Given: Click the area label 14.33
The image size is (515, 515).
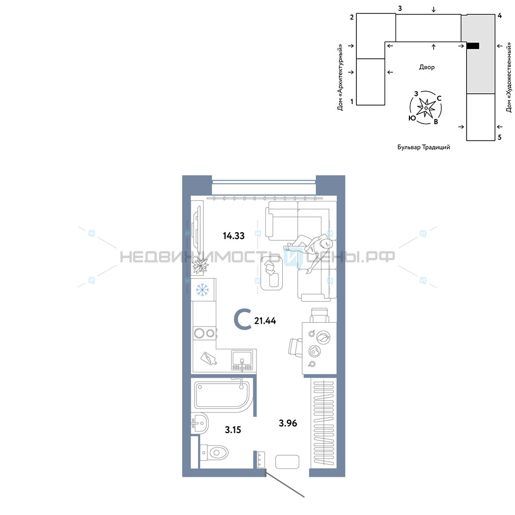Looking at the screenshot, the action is coord(233,236).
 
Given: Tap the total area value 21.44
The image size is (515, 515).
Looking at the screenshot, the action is coord(265,320).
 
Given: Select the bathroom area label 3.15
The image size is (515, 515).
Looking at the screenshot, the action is coord(233,430).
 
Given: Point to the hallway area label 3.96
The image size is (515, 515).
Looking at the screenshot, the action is coord(288,423).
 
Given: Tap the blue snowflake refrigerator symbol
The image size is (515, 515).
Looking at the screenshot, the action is coord(202,289).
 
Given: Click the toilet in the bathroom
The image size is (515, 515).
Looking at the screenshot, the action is coord(214,453).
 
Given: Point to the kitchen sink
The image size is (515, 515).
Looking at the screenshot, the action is coord(242,360).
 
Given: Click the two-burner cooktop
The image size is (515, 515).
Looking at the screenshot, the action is coord(204,333).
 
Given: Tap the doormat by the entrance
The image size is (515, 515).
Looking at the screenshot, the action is coord(287,461).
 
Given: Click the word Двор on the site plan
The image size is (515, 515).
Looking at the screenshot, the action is coord(426,67).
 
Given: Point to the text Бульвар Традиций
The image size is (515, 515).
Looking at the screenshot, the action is coord(424,147).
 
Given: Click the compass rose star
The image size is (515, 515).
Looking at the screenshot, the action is coord(426,108).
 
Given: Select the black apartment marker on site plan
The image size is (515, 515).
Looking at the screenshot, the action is coord(473,46).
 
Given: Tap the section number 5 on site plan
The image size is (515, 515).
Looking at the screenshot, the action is coord(500,138).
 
